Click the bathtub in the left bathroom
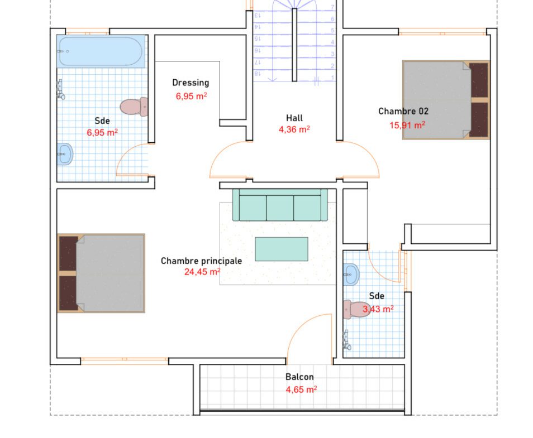[x=101, y=51]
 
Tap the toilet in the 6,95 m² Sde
[x=134, y=107]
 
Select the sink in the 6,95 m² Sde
[x=65, y=154]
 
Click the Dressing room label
[x=191, y=83]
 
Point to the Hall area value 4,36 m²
[x=294, y=129]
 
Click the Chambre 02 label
[x=403, y=111]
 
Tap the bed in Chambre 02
[x=446, y=100]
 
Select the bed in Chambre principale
[x=101, y=273]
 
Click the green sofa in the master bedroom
[x=280, y=205]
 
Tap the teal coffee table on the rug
[x=282, y=249]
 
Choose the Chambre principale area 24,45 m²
[x=202, y=272]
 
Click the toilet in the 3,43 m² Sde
[x=356, y=309]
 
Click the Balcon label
[x=299, y=377]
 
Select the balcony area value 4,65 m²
[x=302, y=389]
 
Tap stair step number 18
[x=258, y=73]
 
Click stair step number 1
[x=333, y=78]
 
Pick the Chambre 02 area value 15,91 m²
[x=407, y=126]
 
